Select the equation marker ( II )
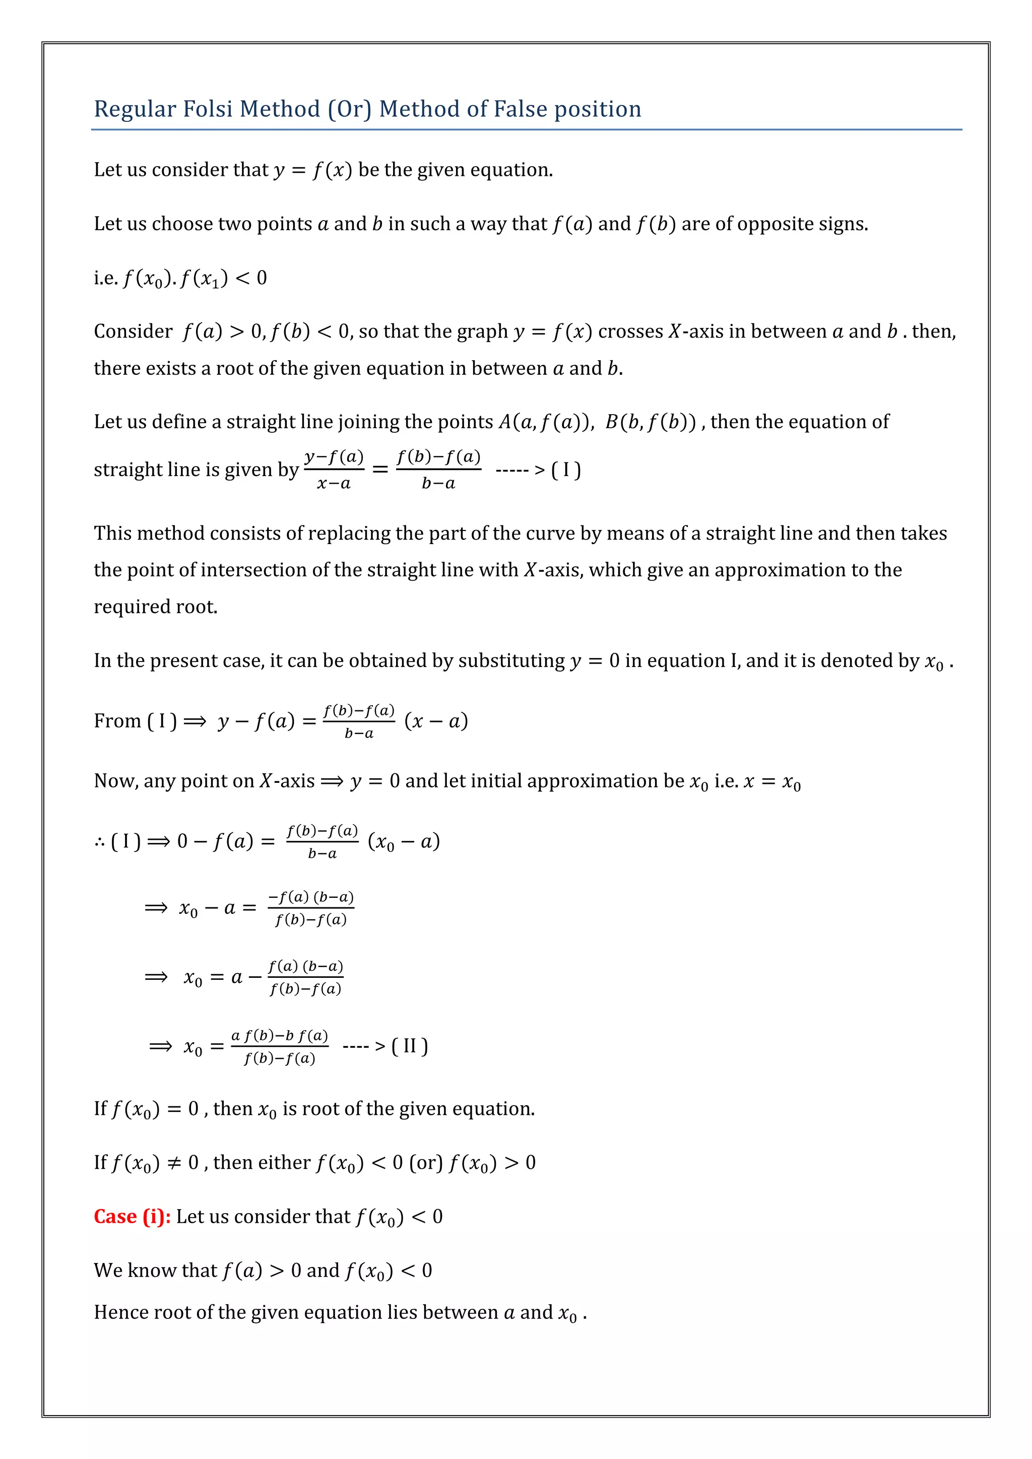[410, 1046]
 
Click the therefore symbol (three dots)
[100, 843]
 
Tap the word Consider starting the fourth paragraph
[133, 331]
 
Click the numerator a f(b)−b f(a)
[280, 1036]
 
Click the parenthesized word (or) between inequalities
[426, 1163]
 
